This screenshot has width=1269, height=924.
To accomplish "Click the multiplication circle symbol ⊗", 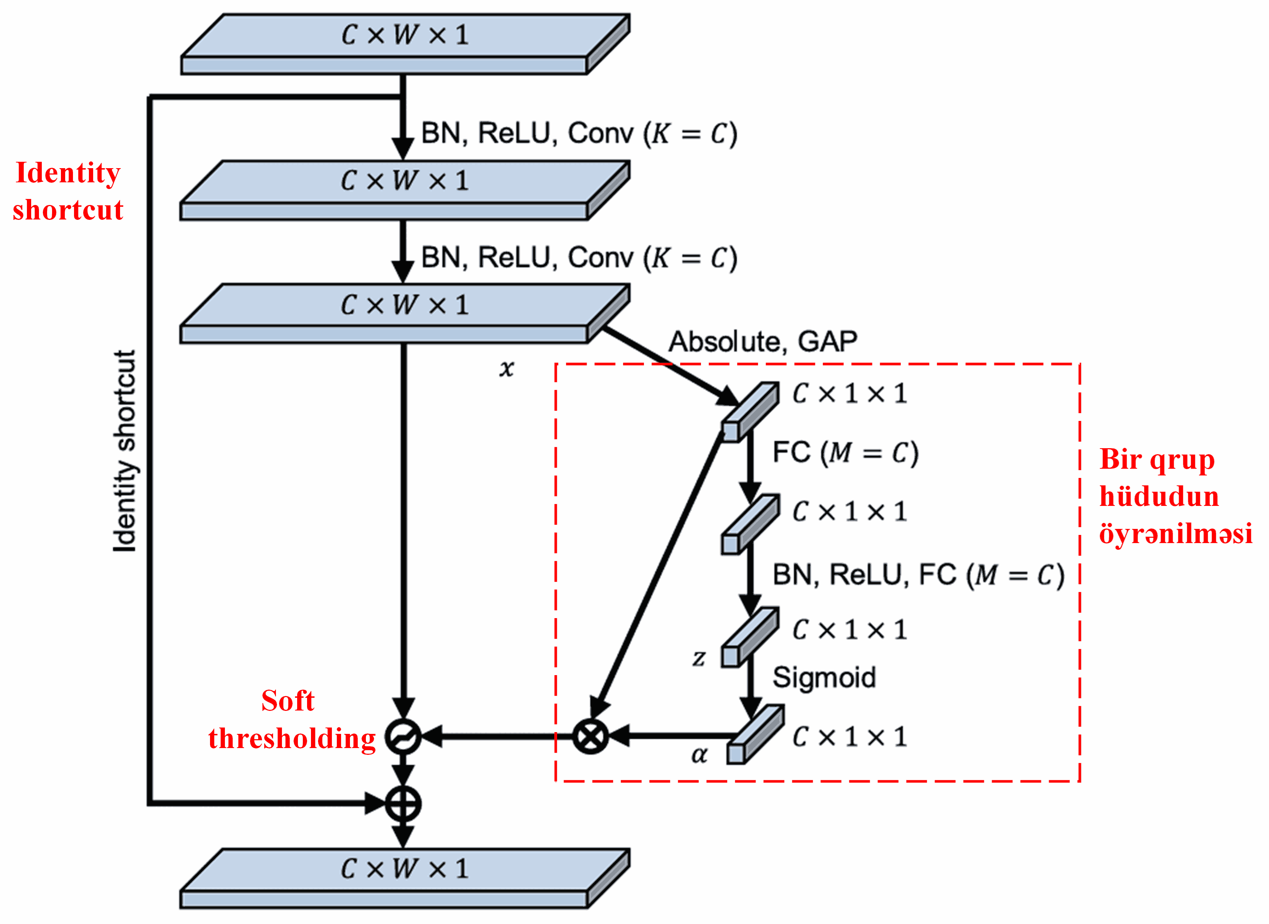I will coord(590,736).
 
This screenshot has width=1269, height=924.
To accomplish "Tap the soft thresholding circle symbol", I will coord(403,736).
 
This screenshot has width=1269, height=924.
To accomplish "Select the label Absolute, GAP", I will coord(763,341).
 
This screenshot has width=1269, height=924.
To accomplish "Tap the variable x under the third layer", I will coord(506,368).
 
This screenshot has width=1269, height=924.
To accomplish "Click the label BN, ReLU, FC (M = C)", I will coord(918,575).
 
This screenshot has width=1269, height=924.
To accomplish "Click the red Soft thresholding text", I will coord(291,719).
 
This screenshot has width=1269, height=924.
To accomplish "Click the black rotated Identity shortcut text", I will coord(124,451).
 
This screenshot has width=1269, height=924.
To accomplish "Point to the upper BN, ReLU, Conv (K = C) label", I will coord(579,134).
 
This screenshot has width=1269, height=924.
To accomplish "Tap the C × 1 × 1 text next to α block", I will coord(849,737).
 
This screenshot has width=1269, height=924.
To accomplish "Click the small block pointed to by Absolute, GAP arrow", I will coord(750,412).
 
